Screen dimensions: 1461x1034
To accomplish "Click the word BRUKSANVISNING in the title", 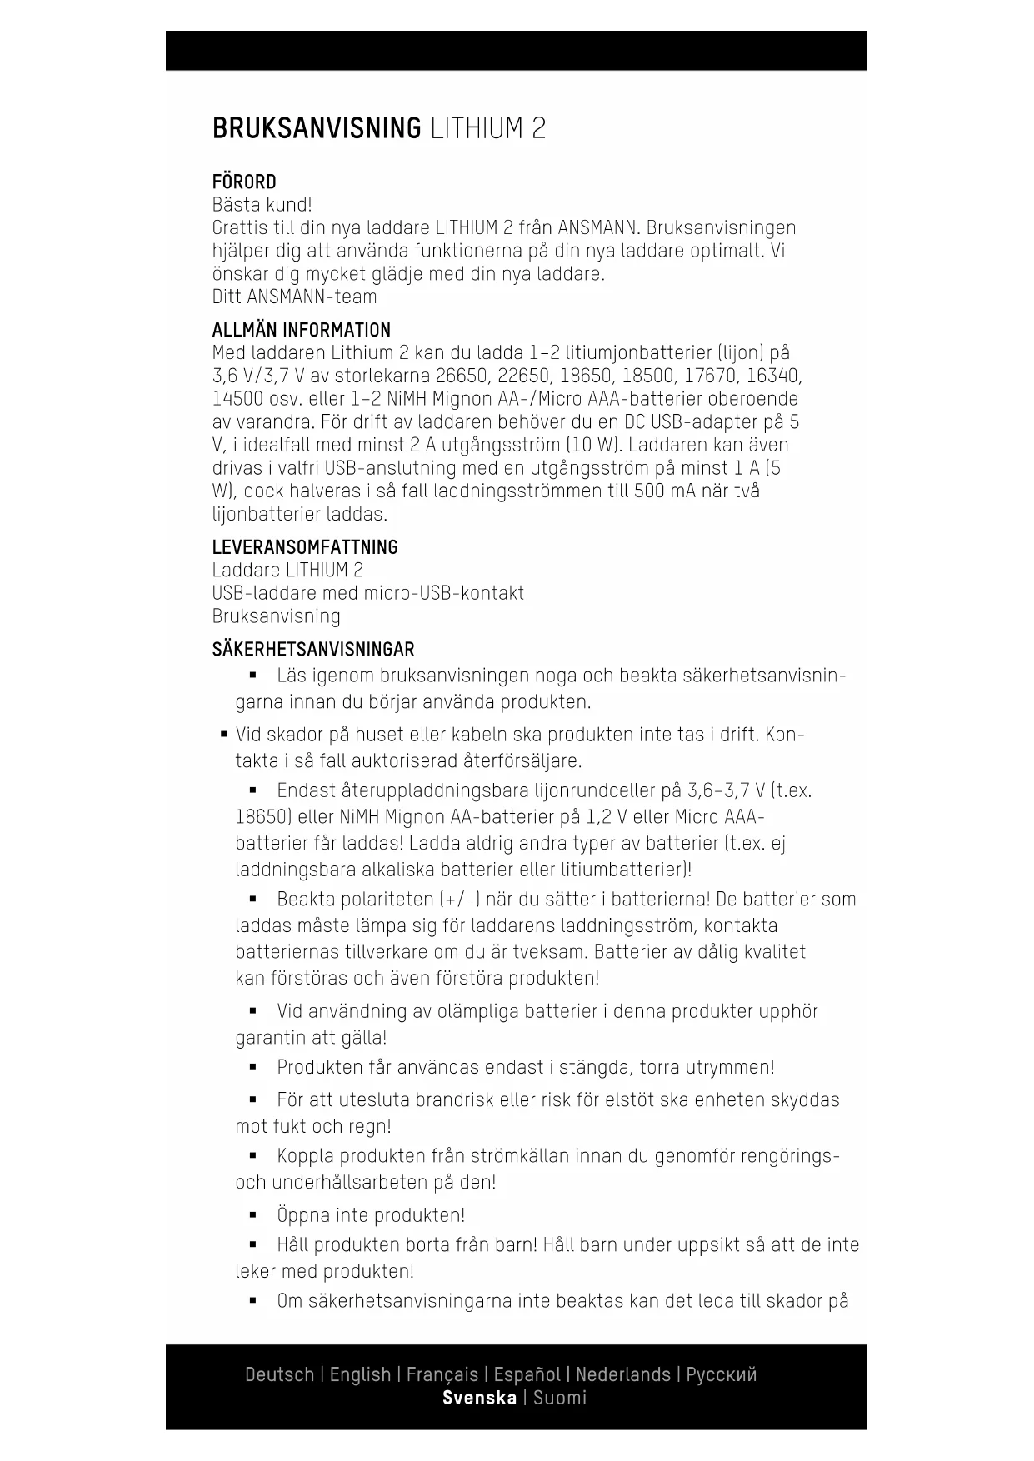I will point(317,129).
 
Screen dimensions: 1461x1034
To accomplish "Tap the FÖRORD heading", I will point(244,182).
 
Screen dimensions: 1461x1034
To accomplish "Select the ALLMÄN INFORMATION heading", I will point(301,330).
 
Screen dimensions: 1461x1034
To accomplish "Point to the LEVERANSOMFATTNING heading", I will point(305,547).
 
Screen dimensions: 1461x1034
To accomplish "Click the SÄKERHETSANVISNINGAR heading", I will point(313,650).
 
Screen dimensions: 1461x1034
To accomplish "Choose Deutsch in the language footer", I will point(279,1374).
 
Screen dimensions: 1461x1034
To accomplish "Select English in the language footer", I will point(360,1374).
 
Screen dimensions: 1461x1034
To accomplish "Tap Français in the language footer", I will point(442,1374).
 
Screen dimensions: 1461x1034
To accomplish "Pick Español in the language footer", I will point(527,1374).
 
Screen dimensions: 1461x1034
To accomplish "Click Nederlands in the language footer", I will point(623,1374).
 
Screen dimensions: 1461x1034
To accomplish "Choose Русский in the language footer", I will point(722,1374).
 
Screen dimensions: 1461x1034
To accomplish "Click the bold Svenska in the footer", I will point(479,1398).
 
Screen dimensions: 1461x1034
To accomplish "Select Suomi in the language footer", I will point(560,1398).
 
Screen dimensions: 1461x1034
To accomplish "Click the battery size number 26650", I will point(462,376).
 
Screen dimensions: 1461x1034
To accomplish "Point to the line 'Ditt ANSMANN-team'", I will point(294,297).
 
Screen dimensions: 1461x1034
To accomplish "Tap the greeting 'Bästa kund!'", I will point(262,205).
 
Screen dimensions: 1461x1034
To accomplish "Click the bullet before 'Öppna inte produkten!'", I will point(253,1215).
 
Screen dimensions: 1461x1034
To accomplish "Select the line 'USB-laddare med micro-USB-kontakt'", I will point(368,593).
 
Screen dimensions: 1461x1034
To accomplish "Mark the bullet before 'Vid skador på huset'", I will point(224,735).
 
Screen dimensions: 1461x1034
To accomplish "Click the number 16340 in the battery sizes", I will point(773,376).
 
